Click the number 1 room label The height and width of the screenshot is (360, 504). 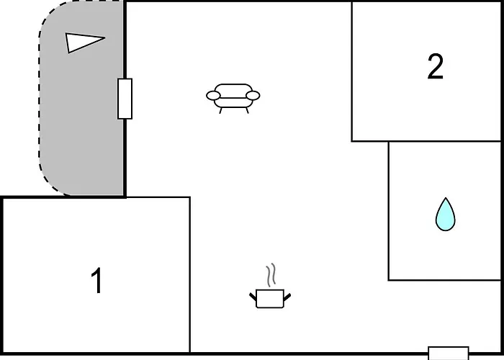[x=96, y=281]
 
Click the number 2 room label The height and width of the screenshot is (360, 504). [x=435, y=66]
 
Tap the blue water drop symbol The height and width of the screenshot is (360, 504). [x=445, y=215]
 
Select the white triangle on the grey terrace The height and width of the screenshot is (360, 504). [x=84, y=42]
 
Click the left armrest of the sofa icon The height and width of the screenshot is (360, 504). [x=213, y=96]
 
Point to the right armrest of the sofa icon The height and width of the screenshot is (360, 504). [x=253, y=96]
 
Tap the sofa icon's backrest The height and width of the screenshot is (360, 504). [x=233, y=91]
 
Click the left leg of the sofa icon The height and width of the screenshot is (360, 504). [x=220, y=110]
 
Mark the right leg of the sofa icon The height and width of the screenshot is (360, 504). [x=247, y=110]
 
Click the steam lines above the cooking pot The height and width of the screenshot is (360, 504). [x=271, y=275]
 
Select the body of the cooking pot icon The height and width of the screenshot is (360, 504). [x=270, y=299]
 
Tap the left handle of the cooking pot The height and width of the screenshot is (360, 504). [x=253, y=297]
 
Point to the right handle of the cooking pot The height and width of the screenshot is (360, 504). [x=287, y=297]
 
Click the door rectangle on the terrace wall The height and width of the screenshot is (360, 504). [x=125, y=99]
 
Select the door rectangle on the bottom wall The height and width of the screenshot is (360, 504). [x=449, y=353]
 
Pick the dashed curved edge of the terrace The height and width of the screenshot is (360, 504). [x=40, y=96]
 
